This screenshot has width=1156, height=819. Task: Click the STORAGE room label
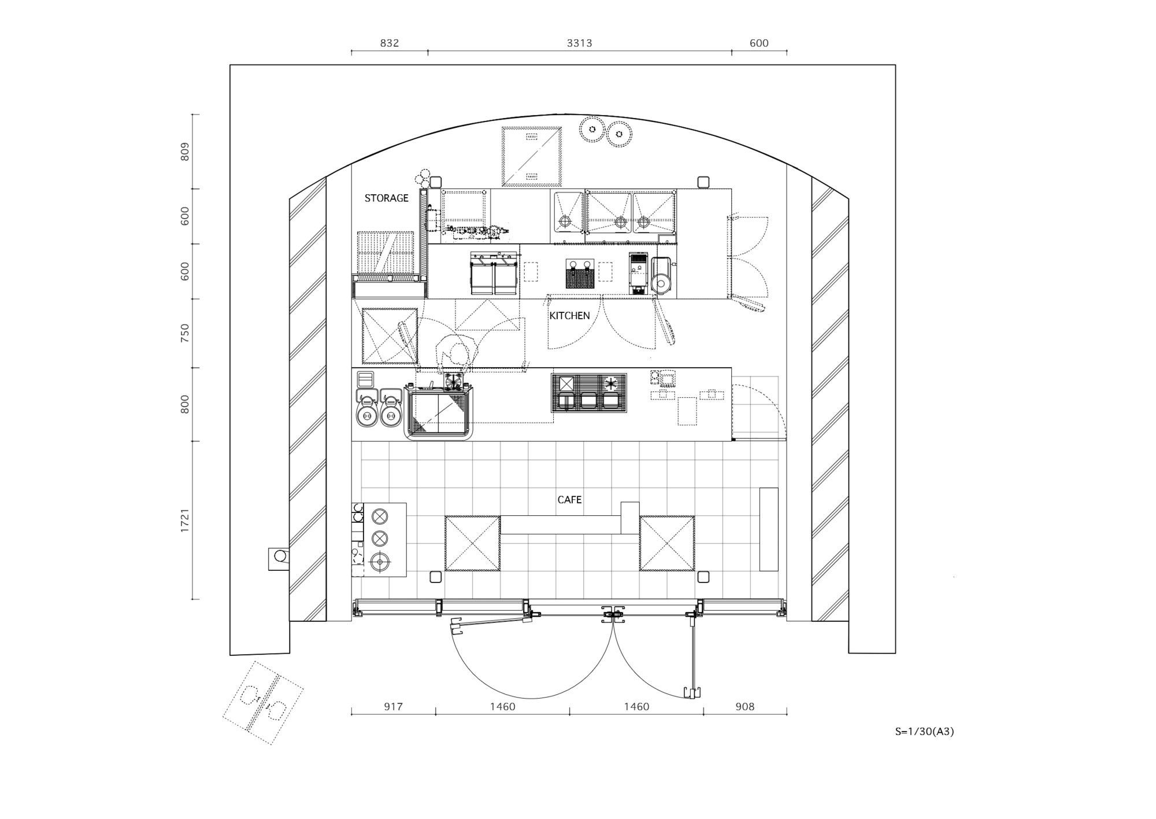pyautogui.click(x=386, y=198)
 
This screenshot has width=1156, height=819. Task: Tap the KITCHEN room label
pyautogui.click(x=569, y=315)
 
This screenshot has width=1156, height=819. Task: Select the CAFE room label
pyautogui.click(x=569, y=500)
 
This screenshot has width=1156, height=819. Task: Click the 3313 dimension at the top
pyautogui.click(x=579, y=43)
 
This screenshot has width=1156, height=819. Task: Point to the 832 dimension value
pyautogui.click(x=390, y=43)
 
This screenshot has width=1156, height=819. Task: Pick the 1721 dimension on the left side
pyautogui.click(x=185, y=521)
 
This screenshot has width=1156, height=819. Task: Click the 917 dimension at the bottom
pyautogui.click(x=393, y=706)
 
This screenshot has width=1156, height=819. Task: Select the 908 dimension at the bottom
pyautogui.click(x=744, y=706)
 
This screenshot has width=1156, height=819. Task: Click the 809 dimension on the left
pyautogui.click(x=185, y=152)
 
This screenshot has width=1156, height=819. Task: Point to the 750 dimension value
pyautogui.click(x=185, y=333)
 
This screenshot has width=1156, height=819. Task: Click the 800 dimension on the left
pyautogui.click(x=185, y=404)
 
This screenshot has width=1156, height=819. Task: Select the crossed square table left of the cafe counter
pyautogui.click(x=472, y=544)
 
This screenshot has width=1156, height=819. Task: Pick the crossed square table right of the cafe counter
pyautogui.click(x=667, y=544)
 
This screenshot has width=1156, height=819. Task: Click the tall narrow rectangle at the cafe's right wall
pyautogui.click(x=769, y=529)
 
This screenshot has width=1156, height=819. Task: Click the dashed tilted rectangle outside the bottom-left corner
pyautogui.click(x=263, y=703)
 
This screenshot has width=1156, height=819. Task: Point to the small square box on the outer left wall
pyautogui.click(x=279, y=559)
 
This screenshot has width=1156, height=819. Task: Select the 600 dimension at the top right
pyautogui.click(x=759, y=43)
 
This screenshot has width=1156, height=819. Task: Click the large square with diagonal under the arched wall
pyautogui.click(x=532, y=156)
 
